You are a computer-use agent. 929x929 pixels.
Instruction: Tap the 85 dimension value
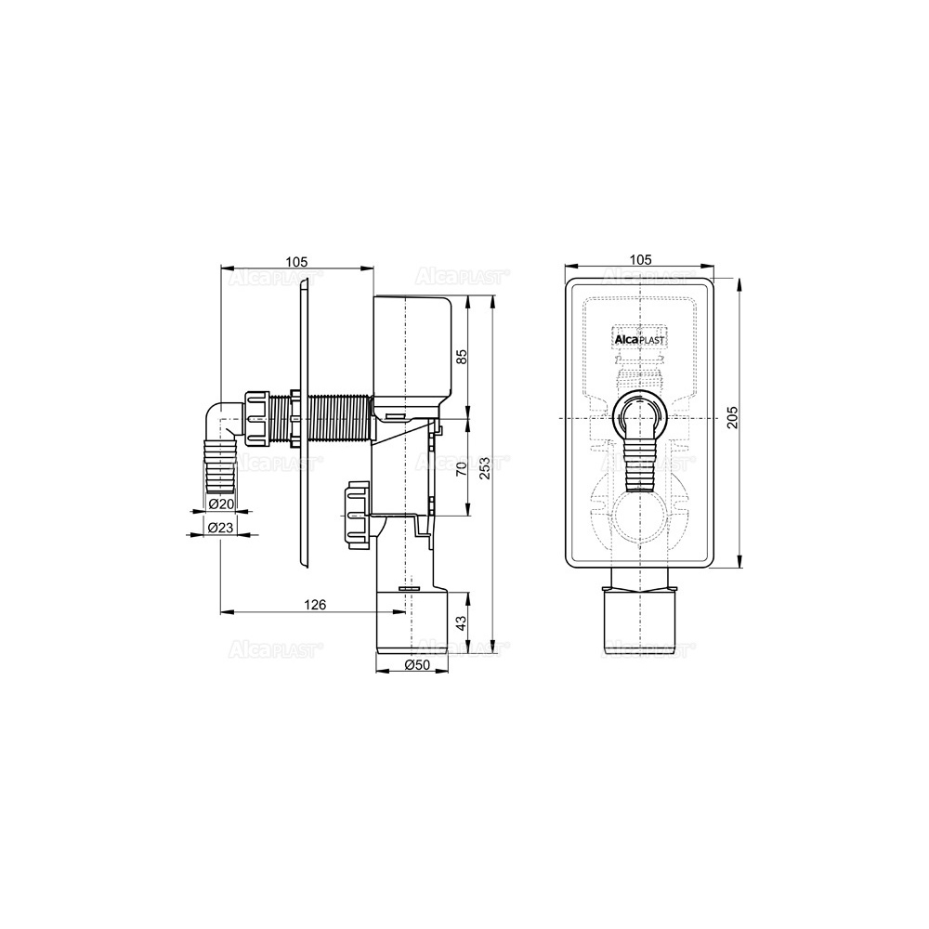(462, 356)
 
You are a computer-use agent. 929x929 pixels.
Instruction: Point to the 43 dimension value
(462, 622)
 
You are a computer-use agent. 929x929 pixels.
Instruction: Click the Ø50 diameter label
(417, 665)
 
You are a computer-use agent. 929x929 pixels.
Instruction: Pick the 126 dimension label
(315, 605)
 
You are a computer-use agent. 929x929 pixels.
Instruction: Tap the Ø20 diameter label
(221, 504)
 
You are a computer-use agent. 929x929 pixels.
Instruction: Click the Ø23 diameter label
(221, 526)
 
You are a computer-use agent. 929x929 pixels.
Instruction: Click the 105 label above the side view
(296, 261)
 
